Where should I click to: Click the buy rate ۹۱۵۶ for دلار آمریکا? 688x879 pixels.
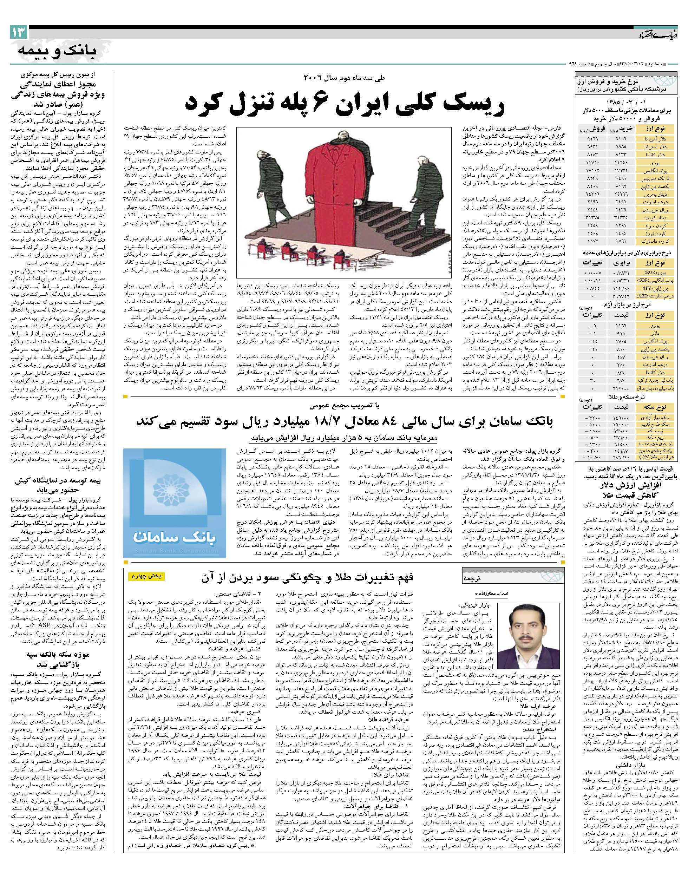pyautogui.click(x=617, y=138)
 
